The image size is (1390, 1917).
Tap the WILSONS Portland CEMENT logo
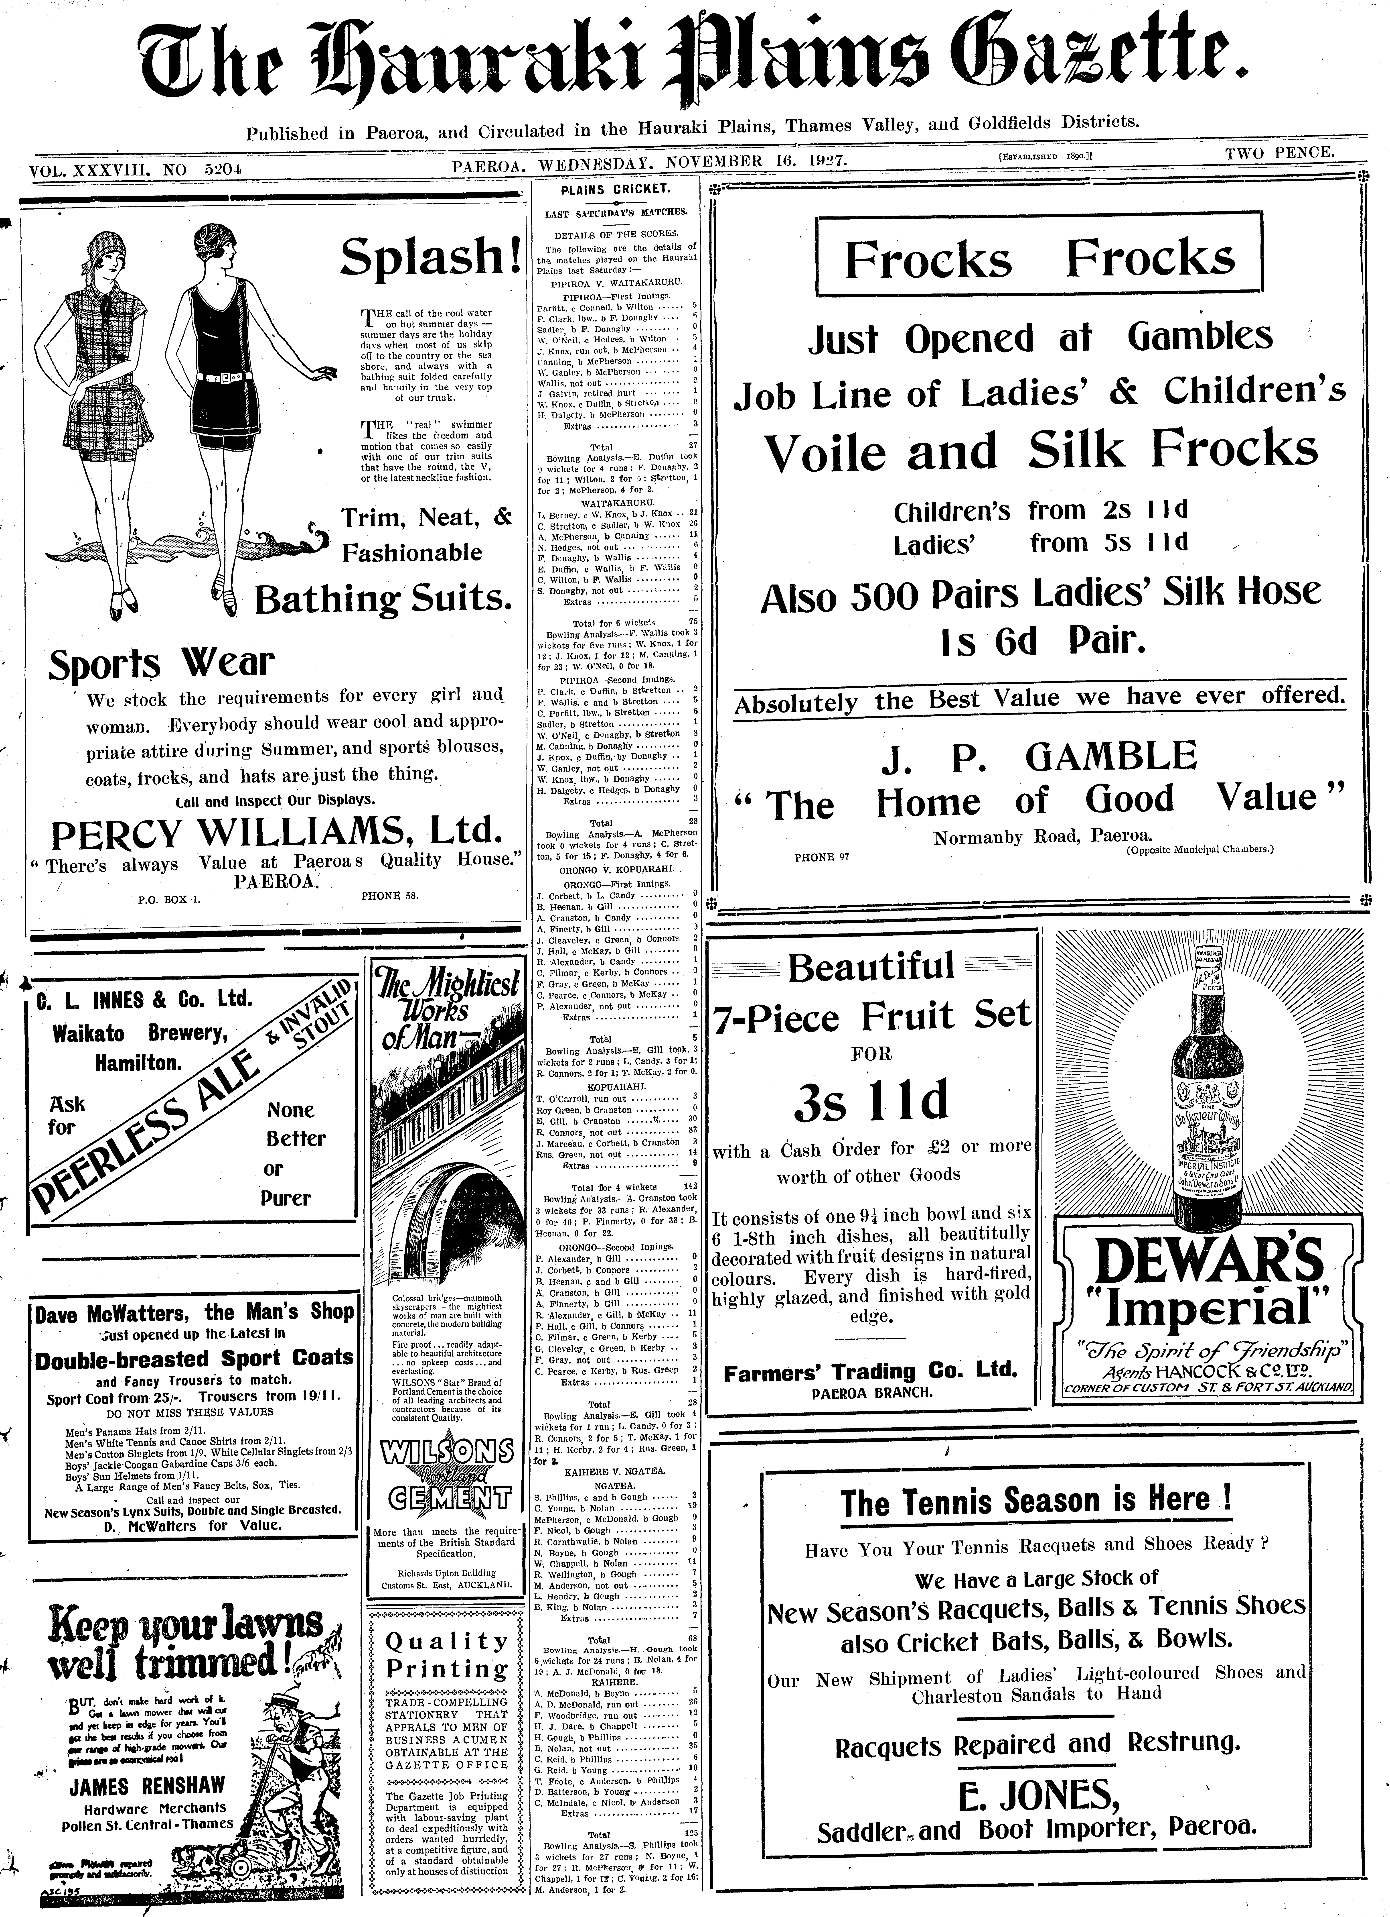[446, 1481]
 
